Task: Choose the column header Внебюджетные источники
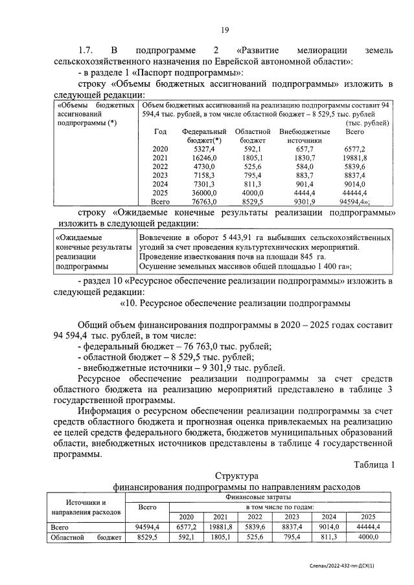click(x=304, y=135)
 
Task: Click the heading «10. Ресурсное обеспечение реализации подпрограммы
click(x=235, y=302)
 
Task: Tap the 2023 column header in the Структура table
click(x=291, y=517)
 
